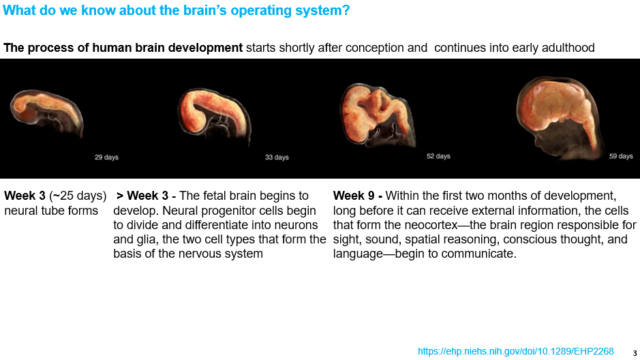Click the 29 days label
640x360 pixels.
[106, 157]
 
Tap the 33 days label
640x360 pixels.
[277, 157]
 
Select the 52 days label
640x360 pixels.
[438, 156]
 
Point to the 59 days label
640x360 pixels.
[621, 156]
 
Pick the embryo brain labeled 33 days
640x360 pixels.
[214, 115]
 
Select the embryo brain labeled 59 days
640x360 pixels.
[558, 117]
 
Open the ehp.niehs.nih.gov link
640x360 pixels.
[515, 351]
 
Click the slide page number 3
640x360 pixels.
[635, 353]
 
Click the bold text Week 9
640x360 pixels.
[354, 196]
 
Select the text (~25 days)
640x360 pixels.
[78, 196]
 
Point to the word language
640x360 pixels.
[358, 254]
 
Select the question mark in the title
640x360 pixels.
[346, 10]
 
